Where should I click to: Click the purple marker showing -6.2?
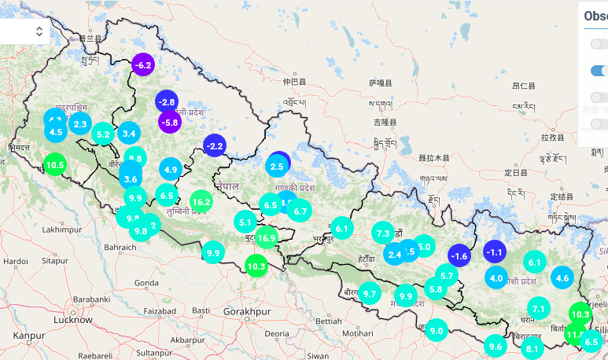142,64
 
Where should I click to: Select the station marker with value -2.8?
166,102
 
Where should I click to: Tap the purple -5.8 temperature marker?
170,122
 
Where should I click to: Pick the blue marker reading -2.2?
215,145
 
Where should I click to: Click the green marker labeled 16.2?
201,201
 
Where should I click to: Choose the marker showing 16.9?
267,237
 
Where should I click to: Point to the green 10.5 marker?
54,165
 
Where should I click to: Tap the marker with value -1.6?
459,255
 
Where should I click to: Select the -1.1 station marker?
494,252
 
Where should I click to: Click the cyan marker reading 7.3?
383,233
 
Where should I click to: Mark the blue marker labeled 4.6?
562,277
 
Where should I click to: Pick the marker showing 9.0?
436,331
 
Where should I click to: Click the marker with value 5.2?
102,134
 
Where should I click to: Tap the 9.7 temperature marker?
370,293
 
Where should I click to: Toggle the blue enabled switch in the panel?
599,71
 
